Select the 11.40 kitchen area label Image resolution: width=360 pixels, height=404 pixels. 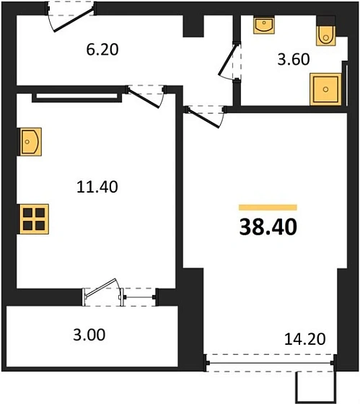click(97, 186)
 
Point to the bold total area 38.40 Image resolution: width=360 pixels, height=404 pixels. click(267, 228)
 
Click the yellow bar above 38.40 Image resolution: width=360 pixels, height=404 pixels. click(267, 207)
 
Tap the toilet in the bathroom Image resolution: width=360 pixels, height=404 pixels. click(324, 33)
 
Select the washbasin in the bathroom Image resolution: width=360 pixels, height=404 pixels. click(264, 27)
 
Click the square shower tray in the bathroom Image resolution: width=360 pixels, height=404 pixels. click(325, 90)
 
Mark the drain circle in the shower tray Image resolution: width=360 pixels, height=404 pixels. click(325, 90)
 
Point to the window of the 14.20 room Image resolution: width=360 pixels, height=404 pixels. click(271, 358)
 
